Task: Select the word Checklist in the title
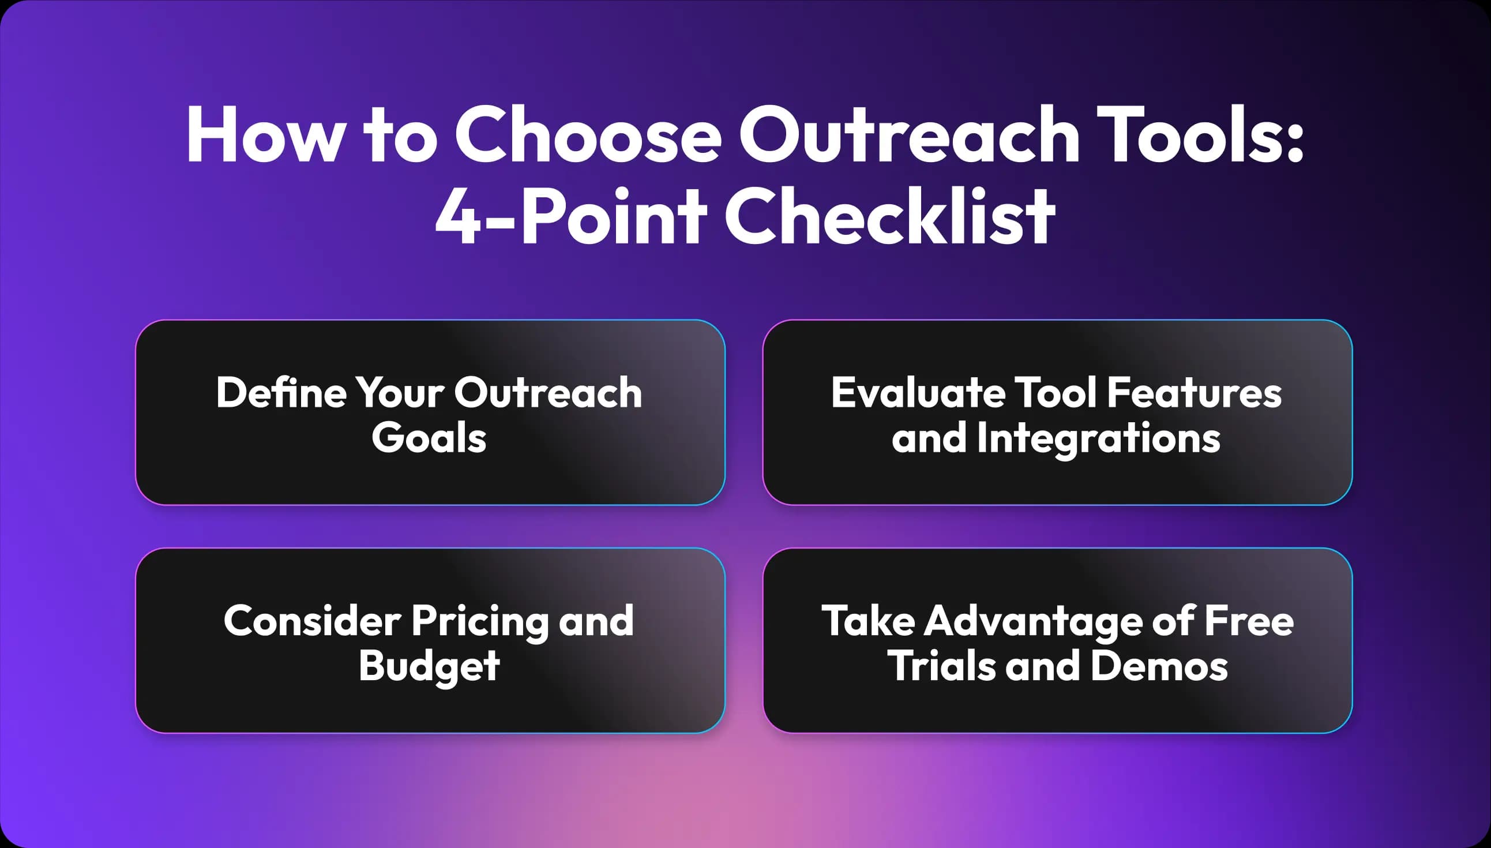click(889, 217)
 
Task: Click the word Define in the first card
click(282, 392)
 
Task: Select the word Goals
click(429, 438)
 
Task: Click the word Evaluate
click(918, 392)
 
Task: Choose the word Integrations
click(1098, 438)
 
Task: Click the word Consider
click(313, 621)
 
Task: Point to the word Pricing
click(480, 621)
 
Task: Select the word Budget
click(429, 666)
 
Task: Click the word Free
click(1249, 621)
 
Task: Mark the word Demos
click(1159, 666)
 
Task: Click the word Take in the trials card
click(868, 621)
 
